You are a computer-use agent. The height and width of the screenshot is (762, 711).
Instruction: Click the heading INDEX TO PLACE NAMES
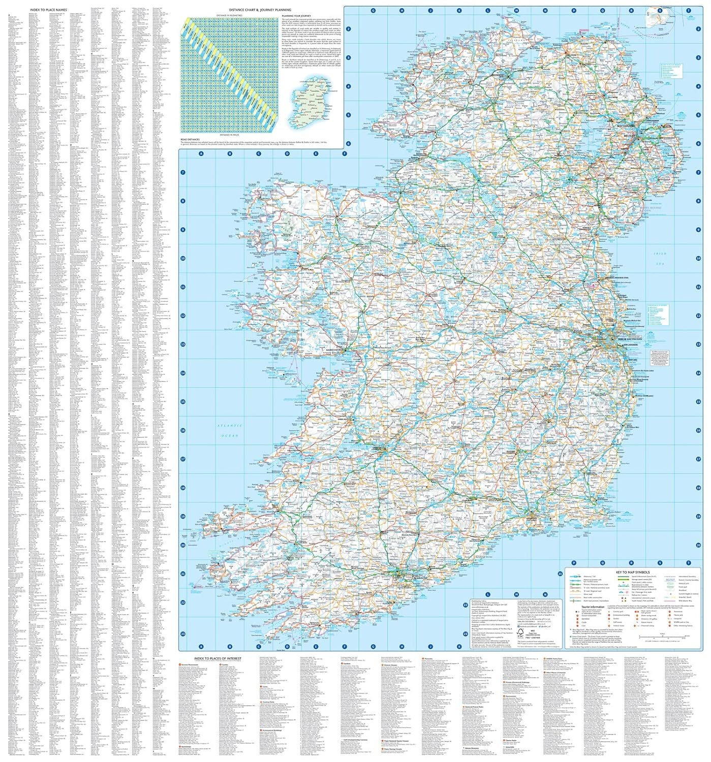48,9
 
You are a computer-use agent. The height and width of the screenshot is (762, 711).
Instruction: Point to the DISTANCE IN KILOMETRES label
230,15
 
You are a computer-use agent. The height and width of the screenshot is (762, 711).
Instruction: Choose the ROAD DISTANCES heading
190,139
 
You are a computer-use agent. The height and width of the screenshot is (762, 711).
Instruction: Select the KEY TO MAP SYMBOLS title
632,573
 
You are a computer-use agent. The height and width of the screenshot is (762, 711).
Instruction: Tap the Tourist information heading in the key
593,607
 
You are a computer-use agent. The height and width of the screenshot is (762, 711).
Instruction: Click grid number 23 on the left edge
182,633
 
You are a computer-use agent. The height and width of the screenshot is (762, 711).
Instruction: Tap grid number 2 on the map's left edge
349,29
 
